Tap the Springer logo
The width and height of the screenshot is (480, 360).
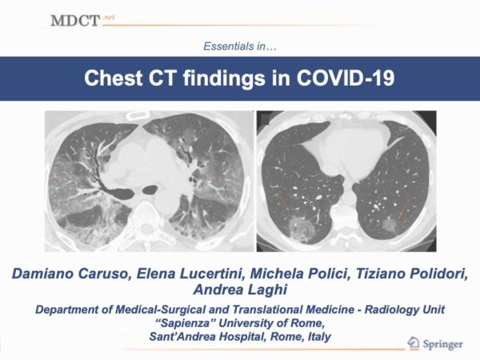(x=435, y=343)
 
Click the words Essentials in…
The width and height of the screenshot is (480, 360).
(x=240, y=46)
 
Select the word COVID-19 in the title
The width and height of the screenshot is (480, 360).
(x=346, y=78)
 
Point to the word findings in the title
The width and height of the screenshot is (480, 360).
(x=224, y=78)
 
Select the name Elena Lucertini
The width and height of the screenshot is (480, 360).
(x=190, y=274)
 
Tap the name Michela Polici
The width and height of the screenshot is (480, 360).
(x=300, y=274)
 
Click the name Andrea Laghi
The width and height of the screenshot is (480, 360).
(x=240, y=290)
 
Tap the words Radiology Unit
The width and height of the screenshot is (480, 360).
(x=404, y=310)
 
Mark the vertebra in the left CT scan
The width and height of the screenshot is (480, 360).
(x=146, y=221)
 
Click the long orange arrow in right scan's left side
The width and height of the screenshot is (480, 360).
(x=282, y=202)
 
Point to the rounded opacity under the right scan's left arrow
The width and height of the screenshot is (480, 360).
(x=301, y=228)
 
